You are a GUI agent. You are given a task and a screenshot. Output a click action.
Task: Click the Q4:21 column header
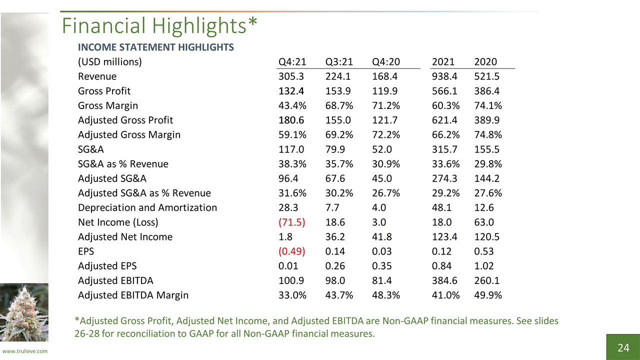click(x=292, y=61)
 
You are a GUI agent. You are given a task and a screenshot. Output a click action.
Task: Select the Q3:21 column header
click(x=339, y=61)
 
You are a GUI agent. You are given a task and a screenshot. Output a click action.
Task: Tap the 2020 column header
click(x=485, y=61)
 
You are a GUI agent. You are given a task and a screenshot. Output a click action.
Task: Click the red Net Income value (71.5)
click(x=291, y=222)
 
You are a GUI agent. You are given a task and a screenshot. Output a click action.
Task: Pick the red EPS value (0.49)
click(x=291, y=251)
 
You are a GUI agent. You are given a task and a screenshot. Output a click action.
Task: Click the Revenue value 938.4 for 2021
click(x=444, y=76)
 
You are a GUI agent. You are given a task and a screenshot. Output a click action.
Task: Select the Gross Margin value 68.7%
click(x=339, y=105)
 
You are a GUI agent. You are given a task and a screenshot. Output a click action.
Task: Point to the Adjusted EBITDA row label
click(x=115, y=280)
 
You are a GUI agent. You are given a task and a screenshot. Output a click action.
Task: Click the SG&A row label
click(x=91, y=149)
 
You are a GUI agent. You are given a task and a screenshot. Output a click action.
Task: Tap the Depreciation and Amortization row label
click(x=147, y=207)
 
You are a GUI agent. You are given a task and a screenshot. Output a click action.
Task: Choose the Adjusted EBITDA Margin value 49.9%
click(x=488, y=295)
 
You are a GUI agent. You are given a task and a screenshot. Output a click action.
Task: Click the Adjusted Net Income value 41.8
click(x=381, y=237)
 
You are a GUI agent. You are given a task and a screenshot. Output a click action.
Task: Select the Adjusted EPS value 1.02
click(x=484, y=266)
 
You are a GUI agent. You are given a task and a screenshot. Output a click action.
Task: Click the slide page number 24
click(x=623, y=347)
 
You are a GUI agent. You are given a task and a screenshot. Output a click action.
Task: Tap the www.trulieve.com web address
click(x=25, y=351)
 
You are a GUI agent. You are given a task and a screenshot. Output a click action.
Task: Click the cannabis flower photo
click(x=24, y=312)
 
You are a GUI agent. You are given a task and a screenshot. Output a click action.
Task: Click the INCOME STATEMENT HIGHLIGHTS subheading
click(x=155, y=47)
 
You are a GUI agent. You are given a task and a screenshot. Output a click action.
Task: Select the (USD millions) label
click(x=110, y=61)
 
